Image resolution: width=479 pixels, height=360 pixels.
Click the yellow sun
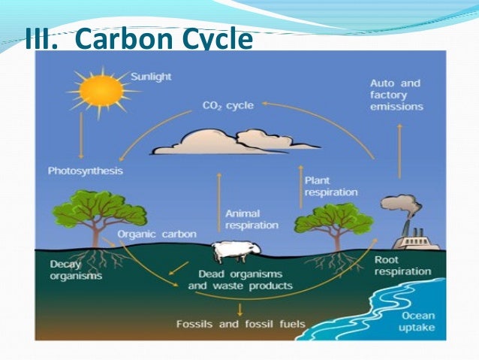pos(101,91)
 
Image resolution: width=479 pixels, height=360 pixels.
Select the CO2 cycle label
pos(228,105)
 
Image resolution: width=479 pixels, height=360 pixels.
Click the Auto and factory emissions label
pos(396,95)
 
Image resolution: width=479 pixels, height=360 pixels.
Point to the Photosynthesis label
pos(85,171)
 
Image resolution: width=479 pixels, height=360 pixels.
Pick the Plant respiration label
pos(331,186)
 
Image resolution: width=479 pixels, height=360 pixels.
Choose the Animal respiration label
pos(252,219)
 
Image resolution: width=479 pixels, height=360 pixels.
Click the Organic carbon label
pos(157,234)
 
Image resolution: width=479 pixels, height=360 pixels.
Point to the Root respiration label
pos(402,265)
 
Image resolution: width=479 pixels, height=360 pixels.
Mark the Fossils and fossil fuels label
pos(240,325)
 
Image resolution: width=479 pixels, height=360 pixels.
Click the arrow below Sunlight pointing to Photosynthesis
pos(81,135)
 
